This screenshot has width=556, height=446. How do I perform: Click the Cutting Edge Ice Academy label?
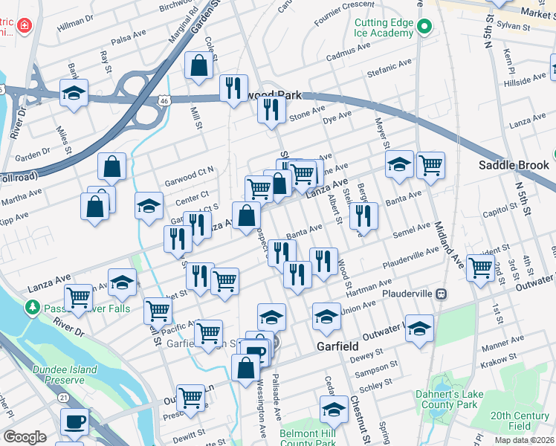pos(384,28)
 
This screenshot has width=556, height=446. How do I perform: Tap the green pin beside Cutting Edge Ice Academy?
pos(424,28)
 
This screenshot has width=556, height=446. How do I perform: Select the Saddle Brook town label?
pos(513,165)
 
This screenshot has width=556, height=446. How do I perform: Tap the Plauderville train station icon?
pos(442,294)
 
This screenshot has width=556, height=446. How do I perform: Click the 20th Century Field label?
pos(520,421)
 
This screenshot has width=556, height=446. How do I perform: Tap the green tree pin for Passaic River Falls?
pos(32,307)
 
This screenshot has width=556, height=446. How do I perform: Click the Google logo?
pos(25,437)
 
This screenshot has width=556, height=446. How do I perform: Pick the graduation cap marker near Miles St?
pos(74,94)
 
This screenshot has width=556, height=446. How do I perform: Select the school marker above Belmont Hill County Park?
pos(334,410)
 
